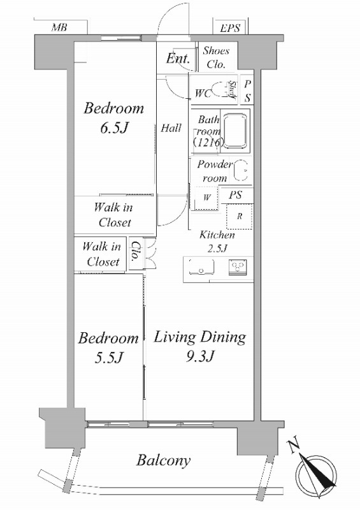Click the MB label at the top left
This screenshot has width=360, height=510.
click(x=59, y=27)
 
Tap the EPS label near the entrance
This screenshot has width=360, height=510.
click(x=230, y=28)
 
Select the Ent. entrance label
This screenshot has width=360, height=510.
click(x=178, y=58)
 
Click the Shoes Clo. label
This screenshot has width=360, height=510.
click(x=216, y=57)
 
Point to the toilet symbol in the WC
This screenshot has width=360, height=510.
click(x=221, y=90)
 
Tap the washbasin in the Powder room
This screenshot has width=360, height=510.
click(x=241, y=171)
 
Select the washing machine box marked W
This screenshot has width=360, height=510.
click(x=207, y=198)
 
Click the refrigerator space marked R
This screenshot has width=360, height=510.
click(x=240, y=216)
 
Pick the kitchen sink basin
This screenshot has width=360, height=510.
click(x=201, y=266)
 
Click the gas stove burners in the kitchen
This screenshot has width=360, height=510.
click(x=238, y=267)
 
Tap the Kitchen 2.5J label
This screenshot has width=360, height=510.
click(x=217, y=242)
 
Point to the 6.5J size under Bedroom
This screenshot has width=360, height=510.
click(x=114, y=128)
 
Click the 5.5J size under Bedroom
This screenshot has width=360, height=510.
click(x=108, y=358)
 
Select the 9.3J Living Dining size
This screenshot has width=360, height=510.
click(x=200, y=356)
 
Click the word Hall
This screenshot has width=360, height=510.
click(x=171, y=128)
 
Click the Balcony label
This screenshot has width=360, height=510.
click(x=163, y=460)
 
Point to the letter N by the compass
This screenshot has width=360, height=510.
click(x=293, y=446)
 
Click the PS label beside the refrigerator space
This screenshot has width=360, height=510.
click(x=236, y=195)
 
